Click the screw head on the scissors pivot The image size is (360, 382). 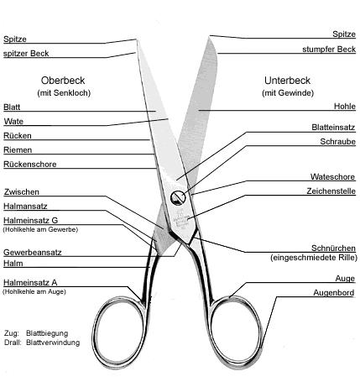point(178,198)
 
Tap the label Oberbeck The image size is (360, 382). point(63,81)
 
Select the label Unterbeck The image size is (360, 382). point(287,81)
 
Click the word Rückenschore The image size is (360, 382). point(30,164)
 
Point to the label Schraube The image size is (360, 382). point(337,142)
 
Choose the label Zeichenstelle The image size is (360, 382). point(331,191)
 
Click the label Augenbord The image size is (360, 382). point(334,293)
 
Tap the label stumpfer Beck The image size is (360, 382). point(329,50)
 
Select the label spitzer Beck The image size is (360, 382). point(26,54)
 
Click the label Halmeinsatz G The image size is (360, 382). point(30,220)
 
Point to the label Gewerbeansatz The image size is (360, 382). point(33,253)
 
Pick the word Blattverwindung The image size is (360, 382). point(53,343)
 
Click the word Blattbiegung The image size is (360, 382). point(47,333)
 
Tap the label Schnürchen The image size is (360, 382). point(333,249)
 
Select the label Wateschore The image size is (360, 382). point(332,177)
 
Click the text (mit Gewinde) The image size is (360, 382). point(288,93)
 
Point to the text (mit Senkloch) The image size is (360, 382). point(64,93)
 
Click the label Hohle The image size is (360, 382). point(345,107)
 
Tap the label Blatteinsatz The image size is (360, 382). point(333,128)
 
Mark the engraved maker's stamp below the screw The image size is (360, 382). point(181,219)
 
